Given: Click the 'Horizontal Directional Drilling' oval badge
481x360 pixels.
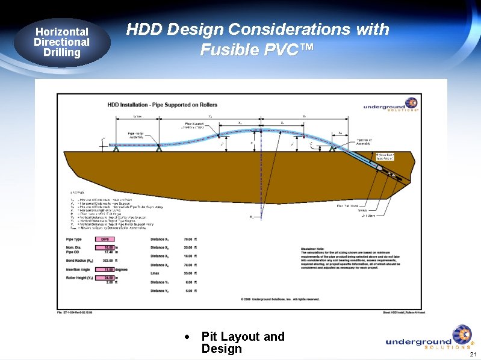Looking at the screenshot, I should tap(61, 42).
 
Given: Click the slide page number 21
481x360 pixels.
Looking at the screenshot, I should tap(473, 353).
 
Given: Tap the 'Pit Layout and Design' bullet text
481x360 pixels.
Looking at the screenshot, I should tap(243, 343).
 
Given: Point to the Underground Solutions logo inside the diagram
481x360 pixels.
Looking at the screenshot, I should tap(390, 106).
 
